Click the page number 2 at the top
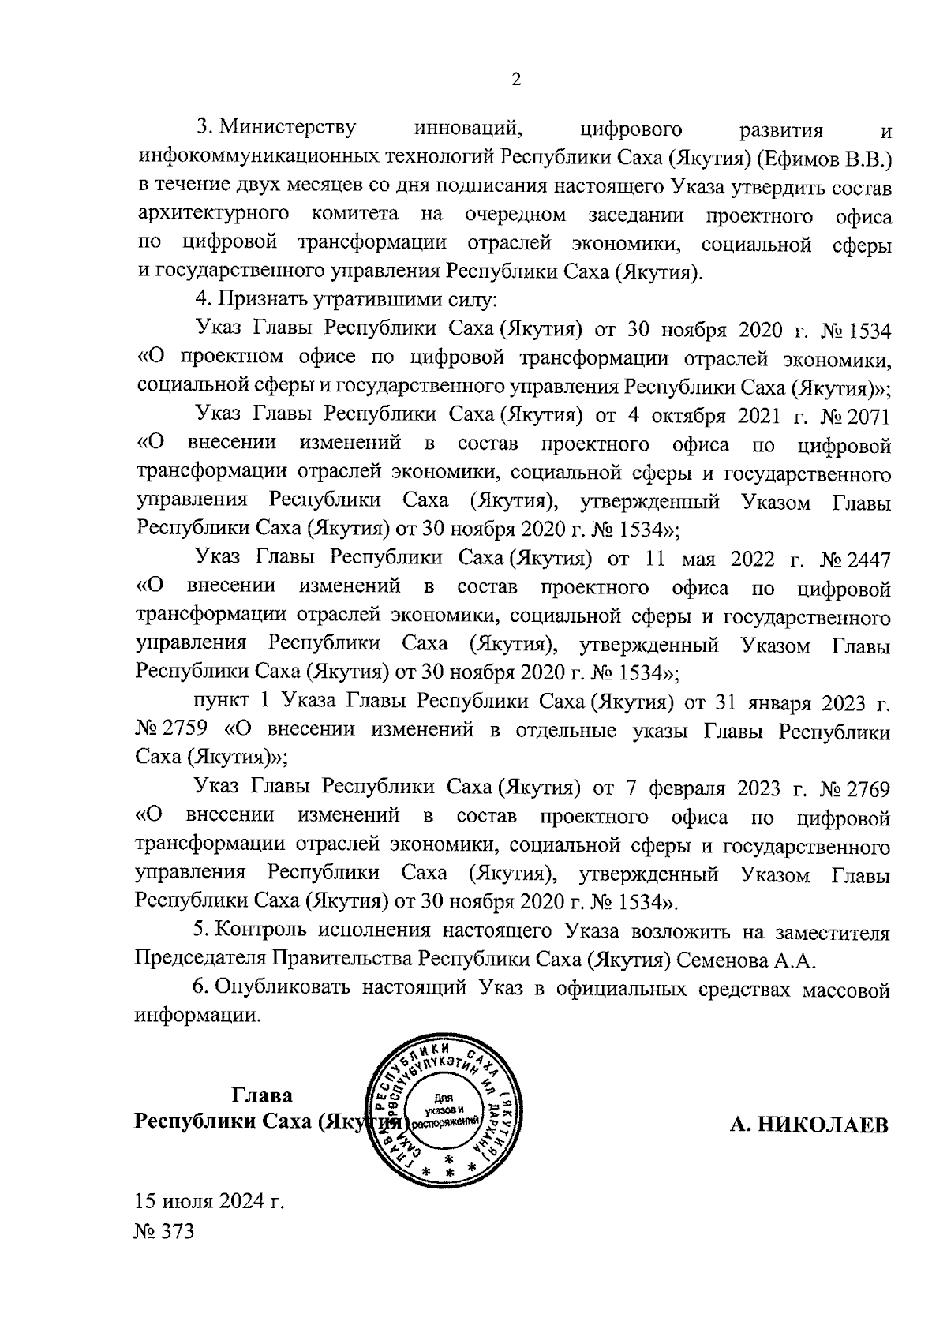click(x=516, y=80)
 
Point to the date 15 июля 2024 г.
click(x=209, y=1203)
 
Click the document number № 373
click(x=164, y=1232)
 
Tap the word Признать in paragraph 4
click(x=251, y=300)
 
